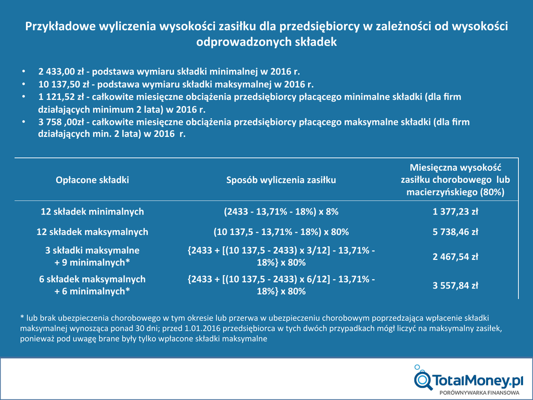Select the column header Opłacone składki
(x=92, y=180)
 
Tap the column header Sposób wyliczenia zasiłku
(x=281, y=180)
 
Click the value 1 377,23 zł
(x=455, y=212)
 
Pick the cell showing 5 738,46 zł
(x=455, y=232)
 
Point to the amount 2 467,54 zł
(x=455, y=257)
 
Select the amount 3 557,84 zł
(x=455, y=285)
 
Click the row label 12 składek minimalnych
(x=92, y=212)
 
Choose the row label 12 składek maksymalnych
(x=92, y=232)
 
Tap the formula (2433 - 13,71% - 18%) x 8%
(x=281, y=212)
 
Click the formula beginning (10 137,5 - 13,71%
(x=281, y=232)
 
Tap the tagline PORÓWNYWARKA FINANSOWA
(x=480, y=392)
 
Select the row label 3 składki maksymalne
(x=92, y=251)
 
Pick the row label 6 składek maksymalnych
(x=92, y=279)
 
